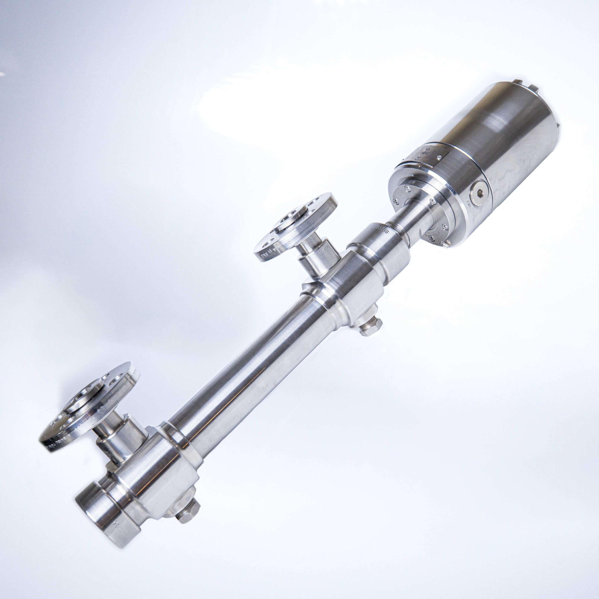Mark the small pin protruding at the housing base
point(447,245)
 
